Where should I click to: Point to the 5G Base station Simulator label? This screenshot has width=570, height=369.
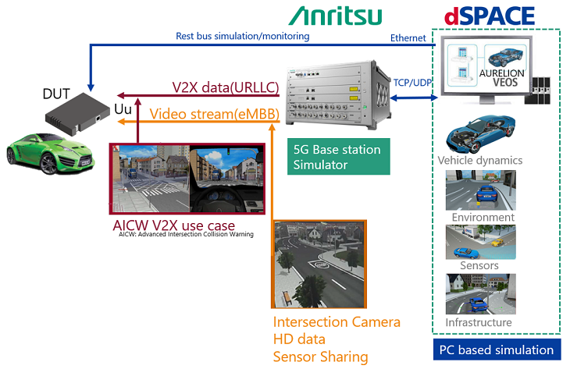(337, 156)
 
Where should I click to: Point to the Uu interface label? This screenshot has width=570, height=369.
(123, 111)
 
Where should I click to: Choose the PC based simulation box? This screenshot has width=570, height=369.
(496, 349)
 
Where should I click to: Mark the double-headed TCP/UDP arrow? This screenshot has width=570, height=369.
(413, 98)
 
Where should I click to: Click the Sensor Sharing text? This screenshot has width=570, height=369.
(320, 357)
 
